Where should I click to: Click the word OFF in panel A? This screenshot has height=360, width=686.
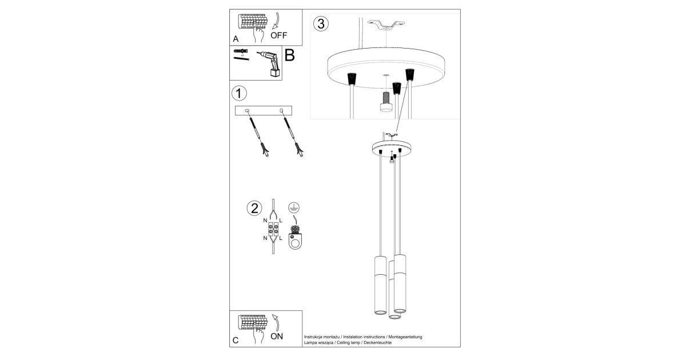(279, 35)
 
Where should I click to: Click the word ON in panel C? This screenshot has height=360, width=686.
(277, 337)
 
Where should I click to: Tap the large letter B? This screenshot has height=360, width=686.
(289, 55)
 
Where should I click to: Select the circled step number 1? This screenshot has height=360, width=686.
(239, 93)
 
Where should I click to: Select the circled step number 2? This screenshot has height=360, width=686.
(254, 208)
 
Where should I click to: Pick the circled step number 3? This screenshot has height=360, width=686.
(321, 24)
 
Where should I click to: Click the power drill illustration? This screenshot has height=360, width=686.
(269, 63)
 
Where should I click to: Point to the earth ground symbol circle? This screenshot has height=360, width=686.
(294, 208)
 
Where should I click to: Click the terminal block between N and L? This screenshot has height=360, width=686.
(273, 229)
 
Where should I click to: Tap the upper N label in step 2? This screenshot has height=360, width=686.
(265, 221)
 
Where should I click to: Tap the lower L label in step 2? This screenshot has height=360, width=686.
(281, 238)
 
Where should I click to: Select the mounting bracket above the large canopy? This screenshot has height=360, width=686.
(386, 25)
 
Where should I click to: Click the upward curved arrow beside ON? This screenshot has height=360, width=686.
(276, 323)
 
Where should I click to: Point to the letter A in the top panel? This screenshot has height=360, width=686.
(236, 39)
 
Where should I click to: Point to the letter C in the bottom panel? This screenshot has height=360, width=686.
(236, 341)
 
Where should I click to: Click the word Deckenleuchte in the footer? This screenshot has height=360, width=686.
(377, 342)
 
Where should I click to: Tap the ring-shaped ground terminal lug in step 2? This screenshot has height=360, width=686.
(295, 241)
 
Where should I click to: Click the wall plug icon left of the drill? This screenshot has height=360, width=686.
(241, 51)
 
